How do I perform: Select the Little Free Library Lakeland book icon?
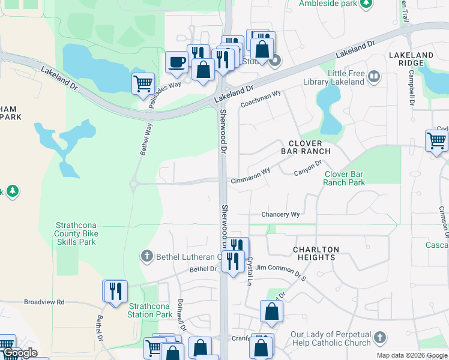click(374, 76)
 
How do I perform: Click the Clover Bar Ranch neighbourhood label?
click(306, 147)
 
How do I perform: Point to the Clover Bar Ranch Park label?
click(345, 178)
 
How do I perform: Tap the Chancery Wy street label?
click(280, 215)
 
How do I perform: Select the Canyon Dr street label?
click(309, 168)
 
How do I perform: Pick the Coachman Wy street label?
click(261, 99)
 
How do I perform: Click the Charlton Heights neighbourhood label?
click(316, 253)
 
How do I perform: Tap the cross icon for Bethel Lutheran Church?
click(146, 257)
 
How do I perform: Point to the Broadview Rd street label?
click(44, 302)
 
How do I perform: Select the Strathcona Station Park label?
click(151, 310)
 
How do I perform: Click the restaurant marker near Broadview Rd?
click(114, 292)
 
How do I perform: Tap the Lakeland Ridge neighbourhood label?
click(411, 59)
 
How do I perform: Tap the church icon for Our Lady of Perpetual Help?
click(379, 338)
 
